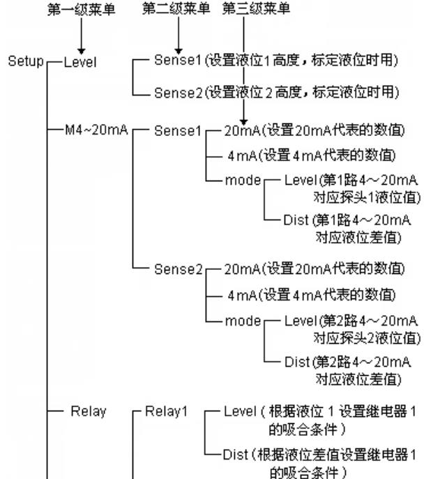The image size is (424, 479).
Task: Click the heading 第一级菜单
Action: click(x=81, y=12)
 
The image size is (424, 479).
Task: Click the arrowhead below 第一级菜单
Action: click(x=81, y=50)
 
